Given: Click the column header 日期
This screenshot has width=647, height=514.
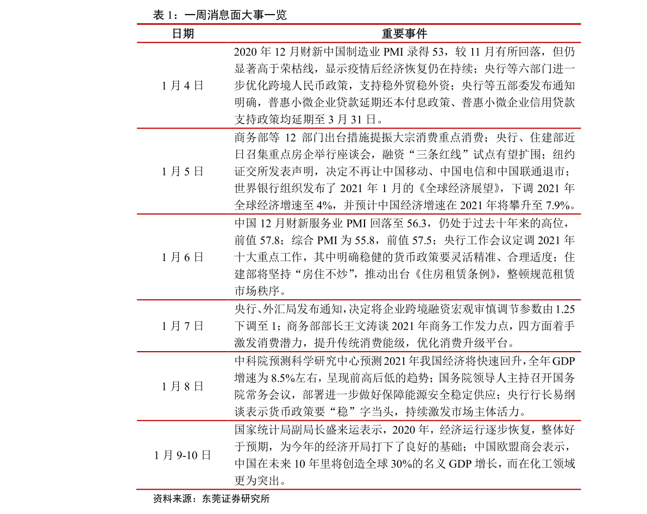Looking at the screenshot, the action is pos(183,34).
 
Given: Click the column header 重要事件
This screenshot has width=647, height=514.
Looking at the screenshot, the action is pos(404,34).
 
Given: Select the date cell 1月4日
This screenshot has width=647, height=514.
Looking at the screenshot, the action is pos(183,86).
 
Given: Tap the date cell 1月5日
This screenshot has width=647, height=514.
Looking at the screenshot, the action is pos(183,172).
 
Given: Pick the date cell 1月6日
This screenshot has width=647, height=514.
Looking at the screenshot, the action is pos(183,257).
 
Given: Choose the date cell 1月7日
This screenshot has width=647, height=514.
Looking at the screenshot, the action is pos(183,326).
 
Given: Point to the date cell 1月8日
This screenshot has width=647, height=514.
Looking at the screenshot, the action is pos(183,386).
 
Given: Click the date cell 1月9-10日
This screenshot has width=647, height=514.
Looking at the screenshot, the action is pos(183,455).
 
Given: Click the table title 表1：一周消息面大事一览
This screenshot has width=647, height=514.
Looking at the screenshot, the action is pos(220,15).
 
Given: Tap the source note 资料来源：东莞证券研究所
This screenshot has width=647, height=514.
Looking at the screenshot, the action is pos(211,499).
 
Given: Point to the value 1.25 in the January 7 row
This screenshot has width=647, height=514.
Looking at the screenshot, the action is pos(565,309).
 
